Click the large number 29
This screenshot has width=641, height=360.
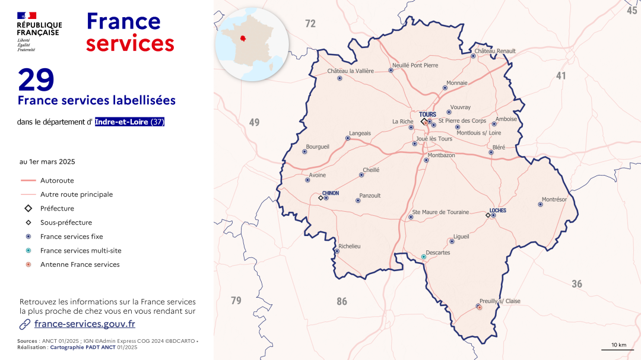(36, 79)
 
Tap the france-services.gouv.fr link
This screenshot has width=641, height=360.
(84, 324)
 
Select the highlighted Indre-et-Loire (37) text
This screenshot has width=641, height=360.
(129, 122)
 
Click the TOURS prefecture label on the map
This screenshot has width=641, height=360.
(427, 114)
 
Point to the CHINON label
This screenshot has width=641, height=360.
(331, 193)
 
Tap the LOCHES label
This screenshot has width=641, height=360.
(497, 211)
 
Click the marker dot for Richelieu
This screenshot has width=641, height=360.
(337, 251)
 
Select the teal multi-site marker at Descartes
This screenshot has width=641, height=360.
(424, 257)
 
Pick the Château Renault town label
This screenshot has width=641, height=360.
(495, 51)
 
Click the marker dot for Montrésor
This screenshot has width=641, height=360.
(540, 205)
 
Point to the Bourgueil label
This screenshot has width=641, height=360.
(318, 146)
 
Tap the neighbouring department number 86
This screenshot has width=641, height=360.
(342, 302)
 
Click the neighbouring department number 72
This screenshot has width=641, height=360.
(310, 24)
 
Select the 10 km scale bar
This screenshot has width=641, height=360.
(618, 349)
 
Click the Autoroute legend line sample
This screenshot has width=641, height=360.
(28, 180)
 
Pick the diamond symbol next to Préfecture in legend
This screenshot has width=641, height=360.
(28, 209)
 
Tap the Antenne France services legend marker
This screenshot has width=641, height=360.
(28, 265)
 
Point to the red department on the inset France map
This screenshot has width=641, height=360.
(243, 39)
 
